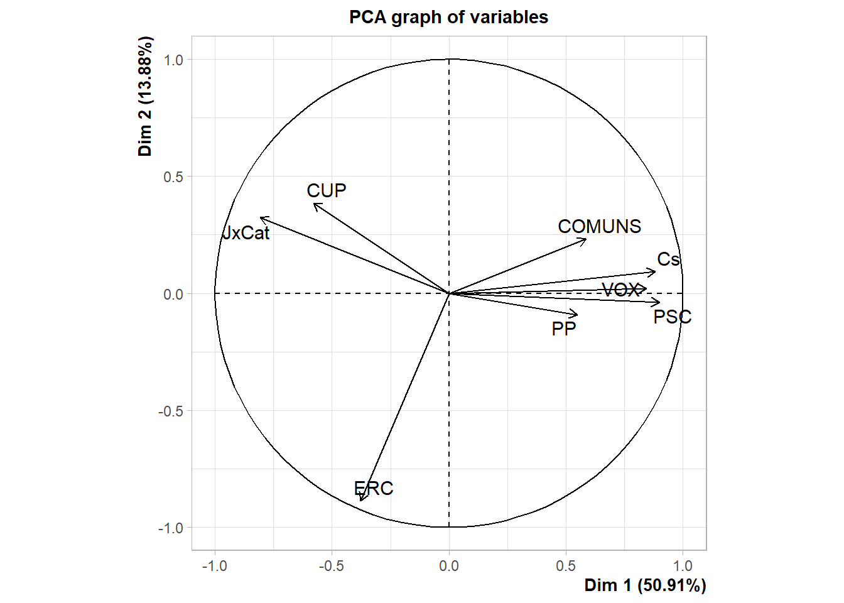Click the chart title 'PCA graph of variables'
[x=448, y=17]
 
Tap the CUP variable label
[x=327, y=190]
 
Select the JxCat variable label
[x=246, y=233]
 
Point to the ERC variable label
[x=374, y=488]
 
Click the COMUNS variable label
[x=600, y=226]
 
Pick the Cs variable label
[x=668, y=259]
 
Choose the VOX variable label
[x=622, y=290]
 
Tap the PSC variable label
[x=672, y=317]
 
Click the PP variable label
[x=564, y=329]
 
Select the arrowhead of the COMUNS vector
[x=585, y=240]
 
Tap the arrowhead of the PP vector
[x=576, y=314]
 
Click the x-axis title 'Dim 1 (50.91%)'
[x=645, y=585]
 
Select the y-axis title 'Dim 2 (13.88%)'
[x=145, y=96]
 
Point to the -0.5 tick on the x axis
[x=332, y=565]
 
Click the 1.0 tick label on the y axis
[x=173, y=60]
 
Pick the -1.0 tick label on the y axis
[x=171, y=528]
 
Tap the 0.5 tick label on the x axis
[x=566, y=565]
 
